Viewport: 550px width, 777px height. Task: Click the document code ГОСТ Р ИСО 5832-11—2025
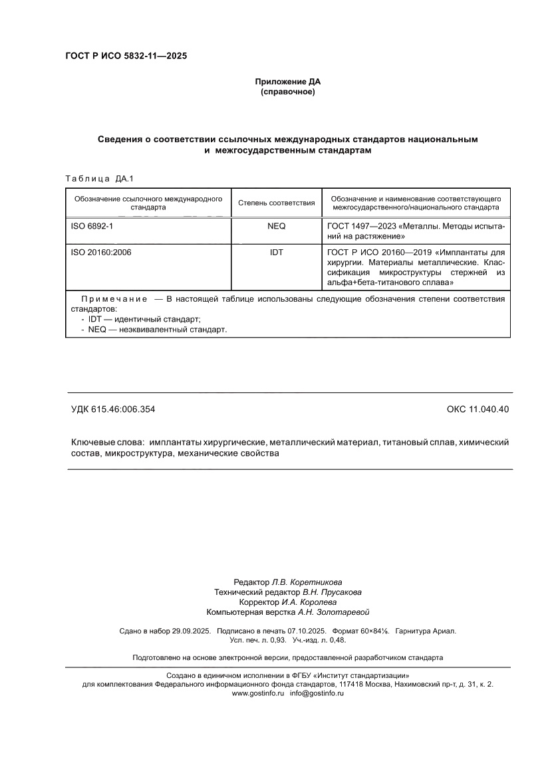click(x=126, y=56)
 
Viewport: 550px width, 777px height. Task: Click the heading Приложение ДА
click(x=287, y=82)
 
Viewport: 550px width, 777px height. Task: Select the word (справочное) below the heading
click(x=287, y=92)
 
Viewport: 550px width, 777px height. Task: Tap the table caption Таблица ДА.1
click(x=100, y=178)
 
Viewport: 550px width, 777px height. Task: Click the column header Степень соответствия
click(x=276, y=203)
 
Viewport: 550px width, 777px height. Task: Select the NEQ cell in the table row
click(x=276, y=226)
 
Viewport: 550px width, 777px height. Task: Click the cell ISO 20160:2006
click(x=102, y=253)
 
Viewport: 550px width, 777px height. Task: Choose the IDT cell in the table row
click(x=276, y=253)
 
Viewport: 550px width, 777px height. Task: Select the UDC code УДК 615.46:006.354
click(x=113, y=409)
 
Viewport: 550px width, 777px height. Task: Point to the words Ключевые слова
click(x=107, y=442)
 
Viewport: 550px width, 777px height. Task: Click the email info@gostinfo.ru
click(x=317, y=693)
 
